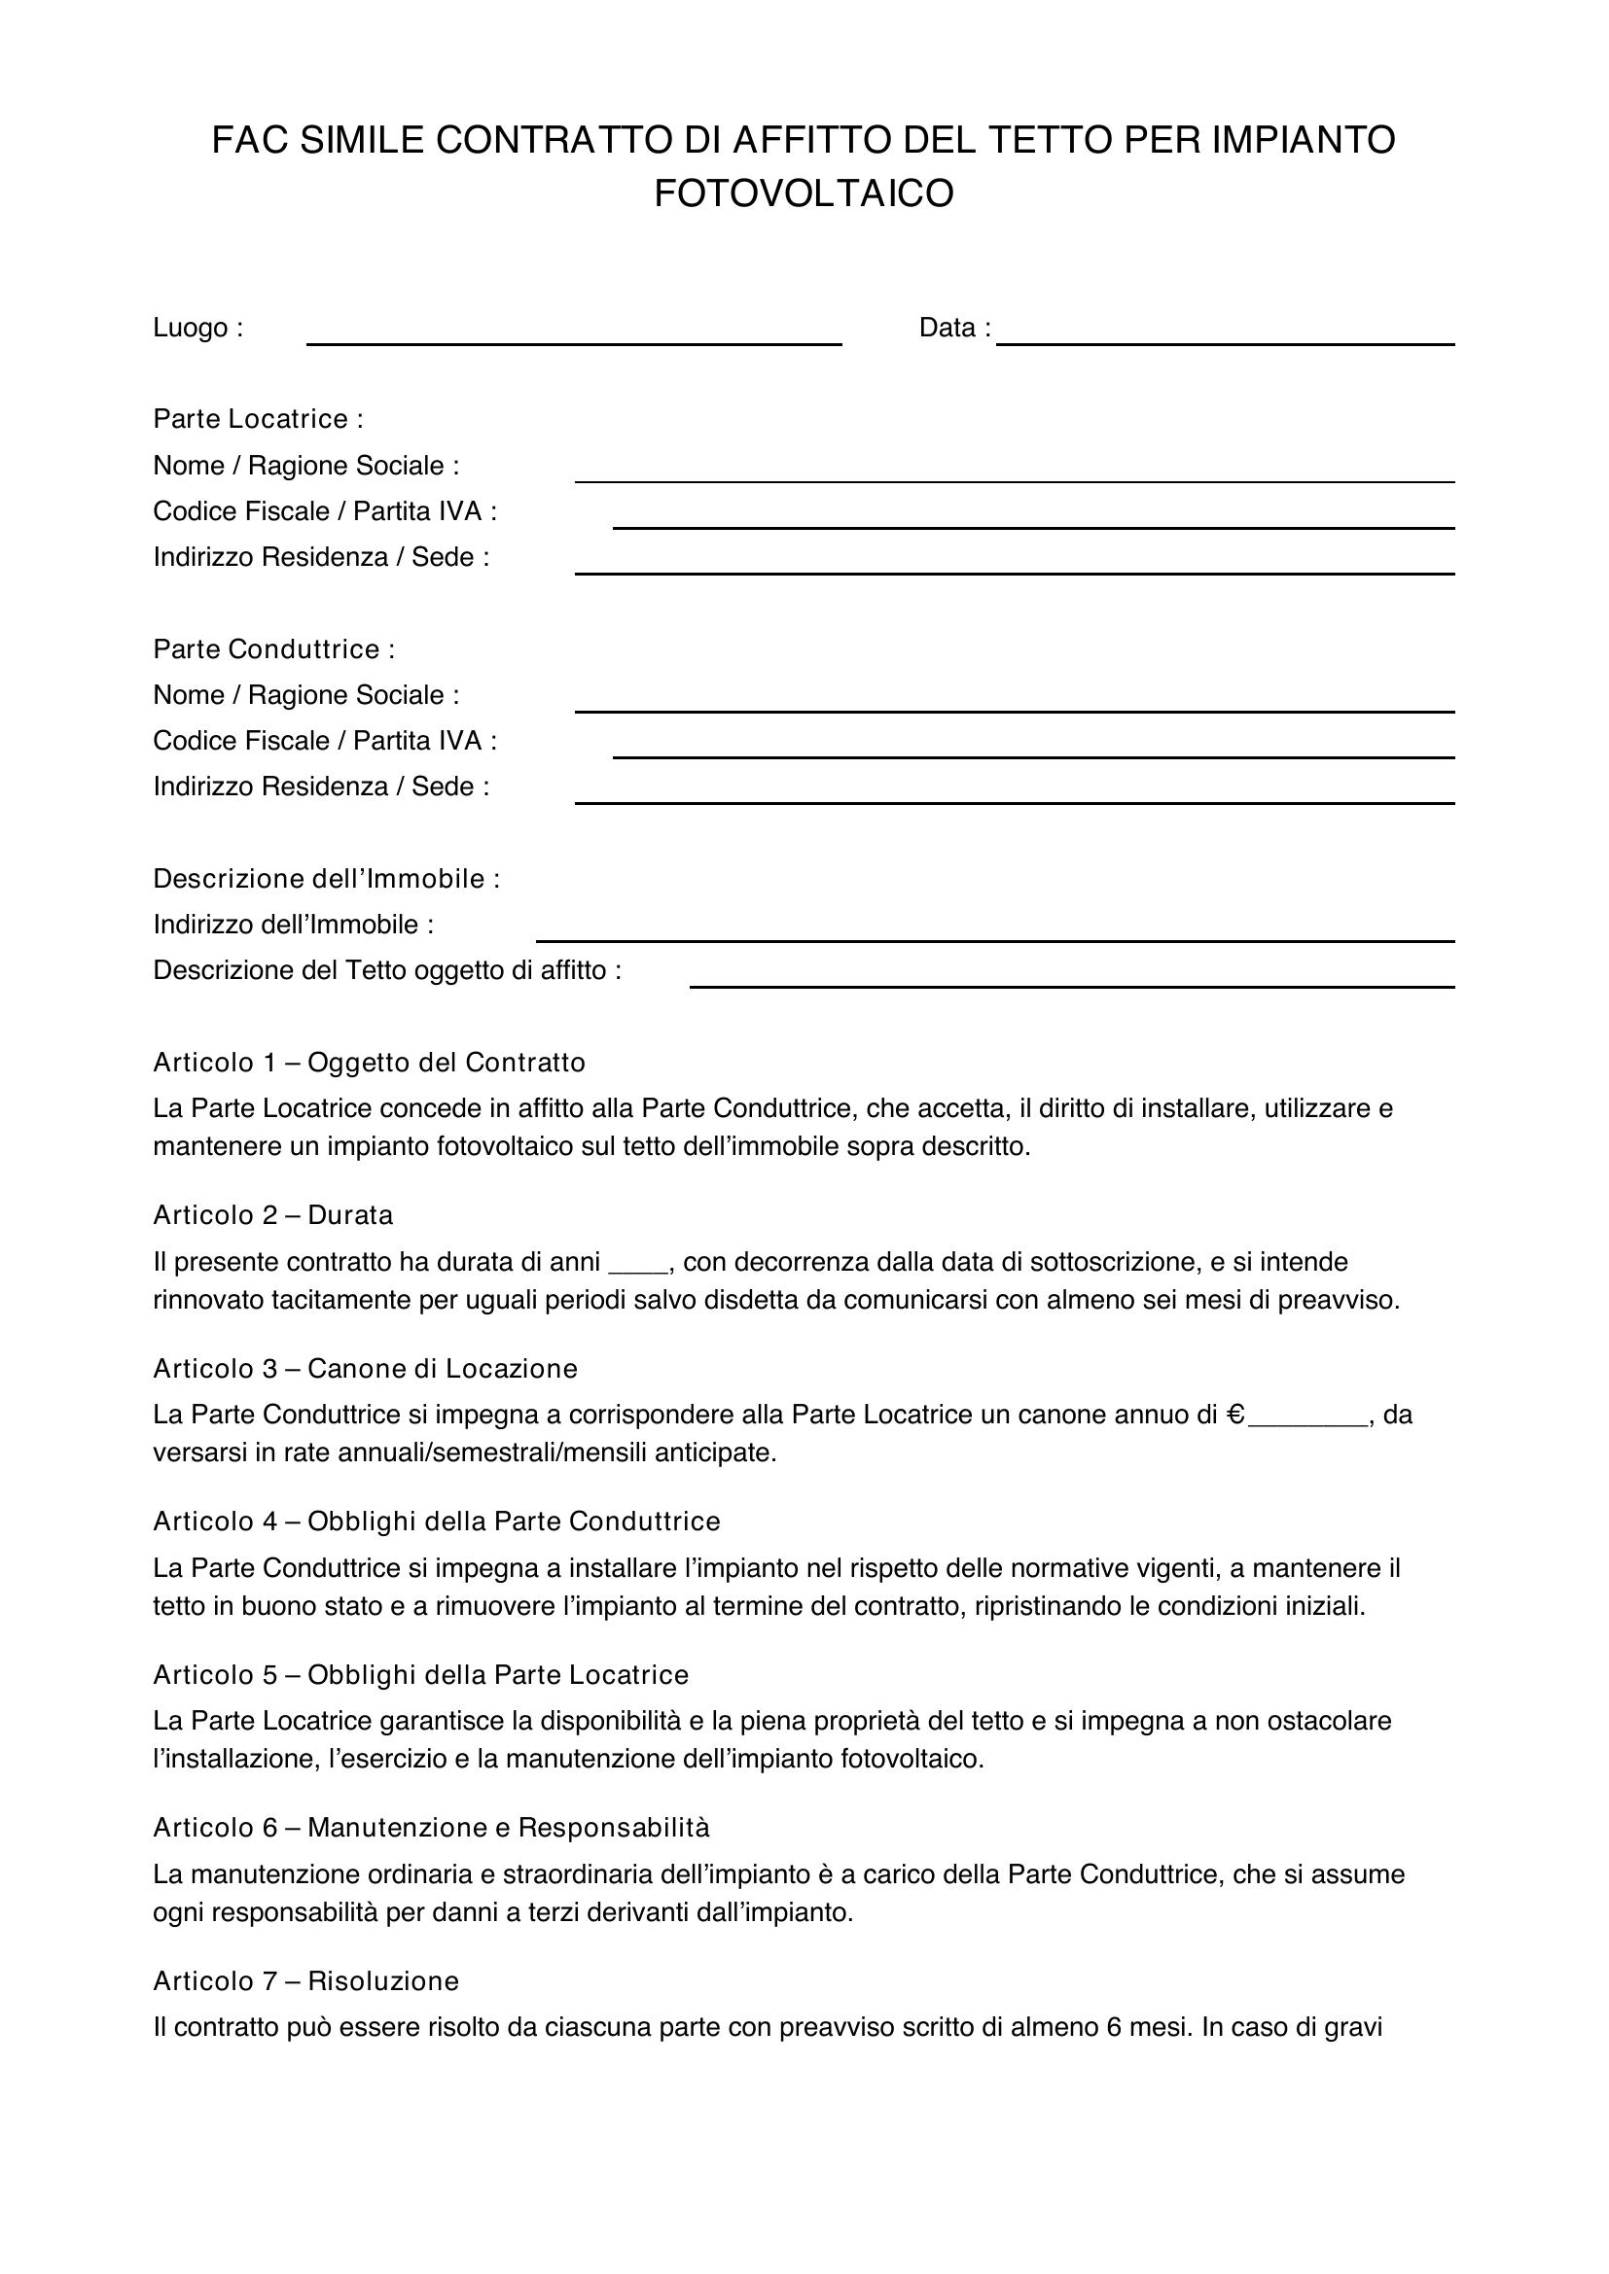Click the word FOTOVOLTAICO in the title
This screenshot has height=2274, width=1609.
804,194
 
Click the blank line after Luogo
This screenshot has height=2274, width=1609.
574,340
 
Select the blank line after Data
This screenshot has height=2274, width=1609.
1226,340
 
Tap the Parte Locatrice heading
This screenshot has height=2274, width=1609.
258,419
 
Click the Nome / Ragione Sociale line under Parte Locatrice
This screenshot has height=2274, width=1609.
1015,479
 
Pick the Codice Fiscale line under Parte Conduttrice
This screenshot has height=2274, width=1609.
1033,754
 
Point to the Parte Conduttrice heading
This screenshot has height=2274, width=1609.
273,648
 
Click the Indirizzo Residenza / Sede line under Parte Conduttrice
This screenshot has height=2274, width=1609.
1015,800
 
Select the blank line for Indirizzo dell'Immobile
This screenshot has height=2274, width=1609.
995,938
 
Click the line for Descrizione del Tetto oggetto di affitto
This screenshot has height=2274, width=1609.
1072,984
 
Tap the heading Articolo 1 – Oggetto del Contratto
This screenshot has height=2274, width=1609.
369,1063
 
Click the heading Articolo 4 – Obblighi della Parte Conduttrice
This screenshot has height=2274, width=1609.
436,1522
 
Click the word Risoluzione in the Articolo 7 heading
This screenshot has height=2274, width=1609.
383,1980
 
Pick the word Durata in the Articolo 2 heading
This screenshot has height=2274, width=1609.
350,1215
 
